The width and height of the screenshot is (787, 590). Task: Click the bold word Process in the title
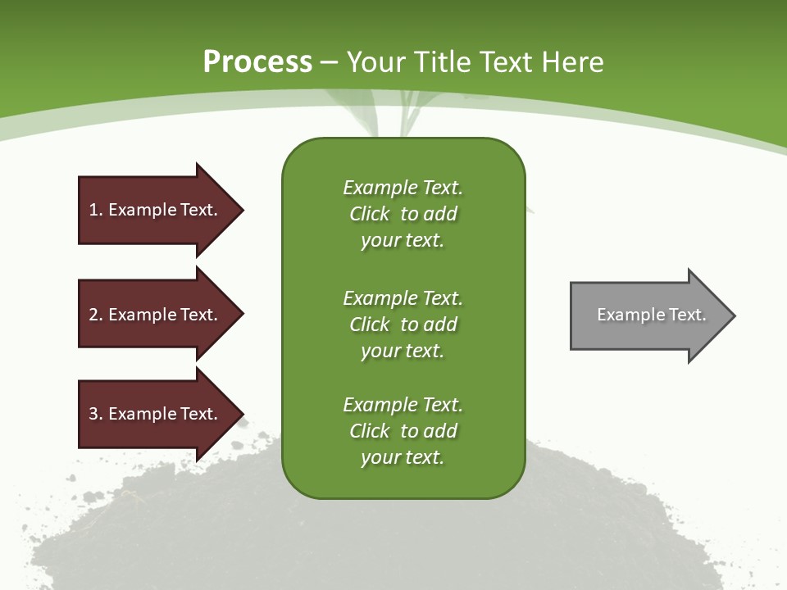[x=257, y=62]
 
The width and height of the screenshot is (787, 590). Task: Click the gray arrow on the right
[x=648, y=315]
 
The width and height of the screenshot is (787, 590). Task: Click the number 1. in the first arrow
[x=96, y=210]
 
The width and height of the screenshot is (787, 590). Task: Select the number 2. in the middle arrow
[x=96, y=315]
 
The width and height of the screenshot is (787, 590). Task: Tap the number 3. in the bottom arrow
[x=96, y=414]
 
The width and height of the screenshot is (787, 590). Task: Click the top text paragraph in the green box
[x=403, y=214]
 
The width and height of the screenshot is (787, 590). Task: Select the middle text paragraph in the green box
[x=403, y=324]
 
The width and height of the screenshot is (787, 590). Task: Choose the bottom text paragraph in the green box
[x=403, y=431]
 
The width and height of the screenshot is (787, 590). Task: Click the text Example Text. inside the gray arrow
[x=651, y=315]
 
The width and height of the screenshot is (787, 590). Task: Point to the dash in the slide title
[x=330, y=62]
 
